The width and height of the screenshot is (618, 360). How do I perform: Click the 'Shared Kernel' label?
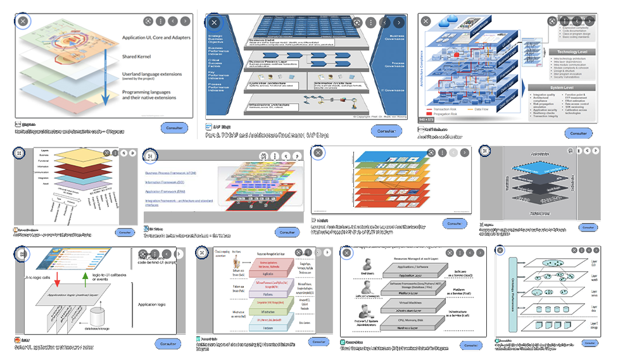141,57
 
